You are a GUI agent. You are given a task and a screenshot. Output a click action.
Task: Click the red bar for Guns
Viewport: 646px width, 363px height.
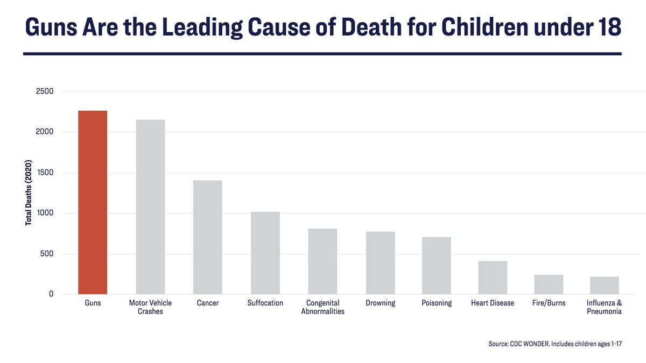[93, 202]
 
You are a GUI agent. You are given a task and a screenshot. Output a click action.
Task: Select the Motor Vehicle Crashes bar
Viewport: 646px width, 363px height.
[150, 207]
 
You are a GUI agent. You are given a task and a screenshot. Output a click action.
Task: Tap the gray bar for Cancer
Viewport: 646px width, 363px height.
[208, 237]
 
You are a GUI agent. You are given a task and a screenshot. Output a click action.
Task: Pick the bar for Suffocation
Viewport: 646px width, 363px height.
[265, 253]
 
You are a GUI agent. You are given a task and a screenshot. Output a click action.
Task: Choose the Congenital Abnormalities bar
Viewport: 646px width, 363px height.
[322, 261]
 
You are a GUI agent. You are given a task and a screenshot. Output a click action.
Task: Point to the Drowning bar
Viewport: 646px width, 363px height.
[380, 262]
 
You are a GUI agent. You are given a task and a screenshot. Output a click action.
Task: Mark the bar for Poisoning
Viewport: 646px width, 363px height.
[436, 265]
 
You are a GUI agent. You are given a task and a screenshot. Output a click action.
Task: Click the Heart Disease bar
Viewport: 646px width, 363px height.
[493, 277]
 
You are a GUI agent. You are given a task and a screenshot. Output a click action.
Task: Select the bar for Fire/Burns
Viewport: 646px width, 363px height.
[549, 284]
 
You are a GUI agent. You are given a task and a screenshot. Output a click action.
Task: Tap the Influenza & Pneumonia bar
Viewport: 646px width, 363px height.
[604, 285]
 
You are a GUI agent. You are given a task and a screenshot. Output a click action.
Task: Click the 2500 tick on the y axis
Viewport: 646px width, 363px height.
[45, 91]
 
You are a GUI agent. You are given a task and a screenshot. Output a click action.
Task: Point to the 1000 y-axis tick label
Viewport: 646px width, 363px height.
[45, 213]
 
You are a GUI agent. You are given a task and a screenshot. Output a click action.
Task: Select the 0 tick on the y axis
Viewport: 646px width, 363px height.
[51, 294]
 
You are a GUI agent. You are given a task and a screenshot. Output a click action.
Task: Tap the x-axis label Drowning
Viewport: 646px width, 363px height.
[380, 303]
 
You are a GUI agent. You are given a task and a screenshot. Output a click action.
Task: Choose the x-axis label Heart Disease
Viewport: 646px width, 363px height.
[493, 303]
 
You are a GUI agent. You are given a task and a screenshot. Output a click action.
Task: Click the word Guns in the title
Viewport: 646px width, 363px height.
[53, 27]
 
